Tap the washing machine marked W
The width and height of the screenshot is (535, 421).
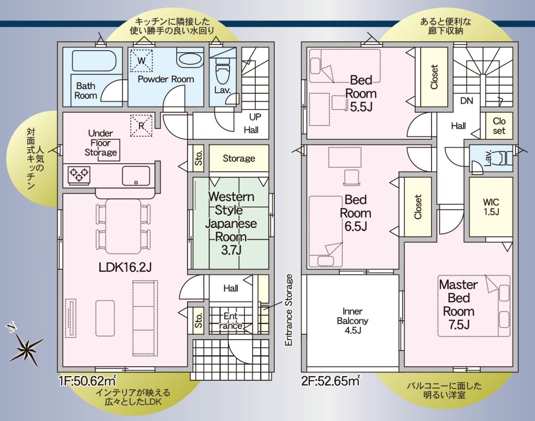[x=141, y=61]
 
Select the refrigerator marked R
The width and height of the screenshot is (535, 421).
[x=141, y=125]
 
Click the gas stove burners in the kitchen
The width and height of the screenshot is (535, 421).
[x=79, y=175]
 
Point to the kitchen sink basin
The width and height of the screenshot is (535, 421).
[x=136, y=176]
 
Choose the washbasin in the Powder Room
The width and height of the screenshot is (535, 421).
[x=190, y=58]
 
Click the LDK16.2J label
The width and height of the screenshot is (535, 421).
[x=125, y=268]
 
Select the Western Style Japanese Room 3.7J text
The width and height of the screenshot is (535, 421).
[x=231, y=223]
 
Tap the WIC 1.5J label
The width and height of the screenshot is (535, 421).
[x=491, y=207]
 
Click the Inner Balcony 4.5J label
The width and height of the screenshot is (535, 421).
[x=353, y=320]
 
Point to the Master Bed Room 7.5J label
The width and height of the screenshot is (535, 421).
[x=459, y=305]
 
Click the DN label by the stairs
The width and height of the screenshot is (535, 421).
[x=467, y=101]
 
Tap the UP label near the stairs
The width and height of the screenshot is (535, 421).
[x=255, y=117]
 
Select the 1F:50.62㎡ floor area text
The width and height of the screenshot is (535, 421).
[x=88, y=380]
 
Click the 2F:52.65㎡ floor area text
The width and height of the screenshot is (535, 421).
[x=331, y=380]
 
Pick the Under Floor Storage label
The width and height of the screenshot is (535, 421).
[x=101, y=143]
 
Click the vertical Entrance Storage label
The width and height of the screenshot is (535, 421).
[x=288, y=310]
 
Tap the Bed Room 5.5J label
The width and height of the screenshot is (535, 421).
[x=361, y=93]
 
